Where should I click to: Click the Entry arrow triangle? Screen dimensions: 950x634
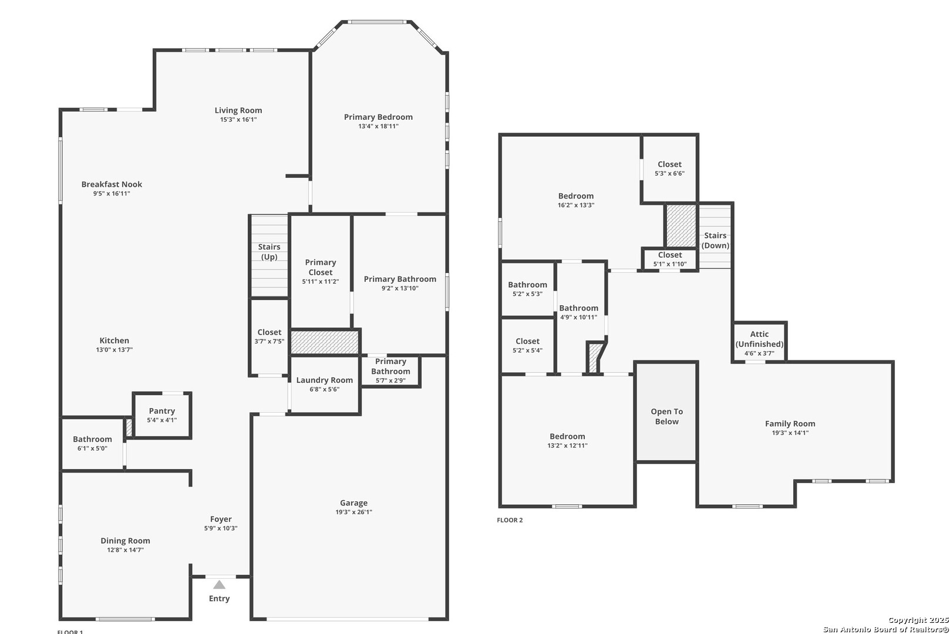[x=219, y=585]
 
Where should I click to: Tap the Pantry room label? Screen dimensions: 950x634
[x=162, y=411]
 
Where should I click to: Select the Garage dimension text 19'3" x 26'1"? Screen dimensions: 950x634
[x=353, y=512]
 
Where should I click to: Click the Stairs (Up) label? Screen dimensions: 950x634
[x=269, y=252]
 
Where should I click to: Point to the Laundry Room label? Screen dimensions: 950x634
[x=325, y=380]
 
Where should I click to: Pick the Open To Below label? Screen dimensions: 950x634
[x=666, y=416]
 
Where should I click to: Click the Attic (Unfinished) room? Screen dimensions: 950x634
[x=759, y=342]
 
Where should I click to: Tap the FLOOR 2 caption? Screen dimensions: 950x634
[x=510, y=520]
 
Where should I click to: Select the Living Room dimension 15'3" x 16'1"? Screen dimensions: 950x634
[x=238, y=120]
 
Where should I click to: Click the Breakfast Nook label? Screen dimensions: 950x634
[x=112, y=184]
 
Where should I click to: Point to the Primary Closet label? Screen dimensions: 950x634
[x=321, y=267]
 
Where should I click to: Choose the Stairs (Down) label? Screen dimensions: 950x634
[x=716, y=241]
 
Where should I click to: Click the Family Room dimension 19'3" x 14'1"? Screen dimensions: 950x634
[x=790, y=433]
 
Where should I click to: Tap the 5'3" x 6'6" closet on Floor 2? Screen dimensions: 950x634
[x=670, y=169]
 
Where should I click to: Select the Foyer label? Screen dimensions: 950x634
[x=221, y=519]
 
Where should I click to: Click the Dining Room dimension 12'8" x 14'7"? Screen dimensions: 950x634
[x=125, y=550]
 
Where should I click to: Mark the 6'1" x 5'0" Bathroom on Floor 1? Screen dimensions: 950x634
[x=92, y=444]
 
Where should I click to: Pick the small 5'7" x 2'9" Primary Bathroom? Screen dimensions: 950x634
[x=390, y=371]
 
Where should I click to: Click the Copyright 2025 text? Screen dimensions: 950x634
[x=919, y=620]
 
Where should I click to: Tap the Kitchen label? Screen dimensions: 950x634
[x=114, y=340]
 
